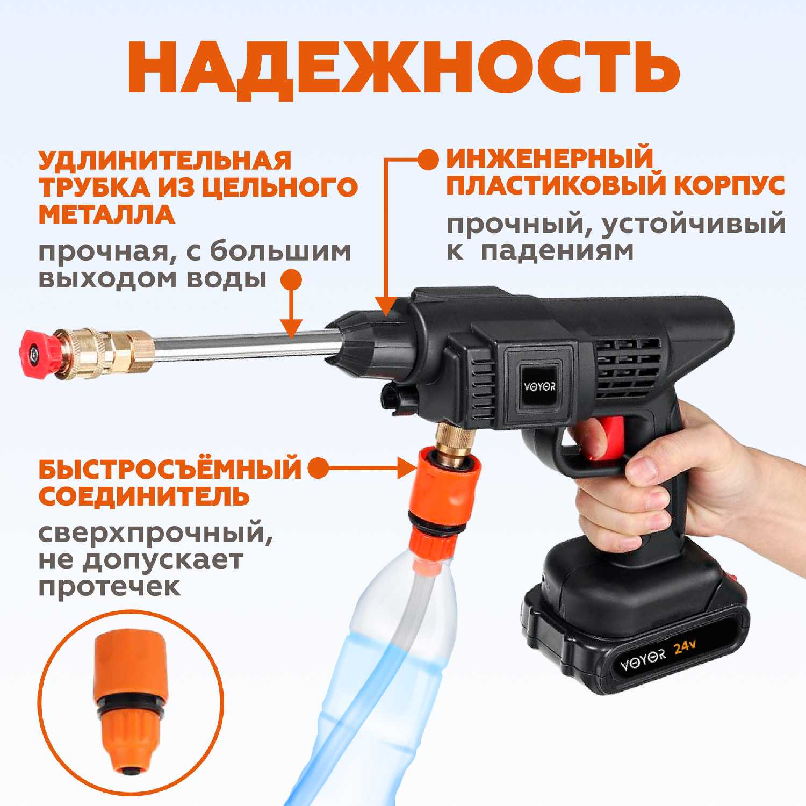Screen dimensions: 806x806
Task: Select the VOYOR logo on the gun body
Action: click(539, 386)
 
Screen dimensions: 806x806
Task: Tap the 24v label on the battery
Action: click(685, 646)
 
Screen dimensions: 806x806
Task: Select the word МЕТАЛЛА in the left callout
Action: click(106, 214)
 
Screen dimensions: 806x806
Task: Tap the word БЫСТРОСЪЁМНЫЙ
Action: click(170, 469)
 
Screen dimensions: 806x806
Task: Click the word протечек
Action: click(110, 587)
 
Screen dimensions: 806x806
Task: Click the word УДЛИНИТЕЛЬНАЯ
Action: click(164, 160)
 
